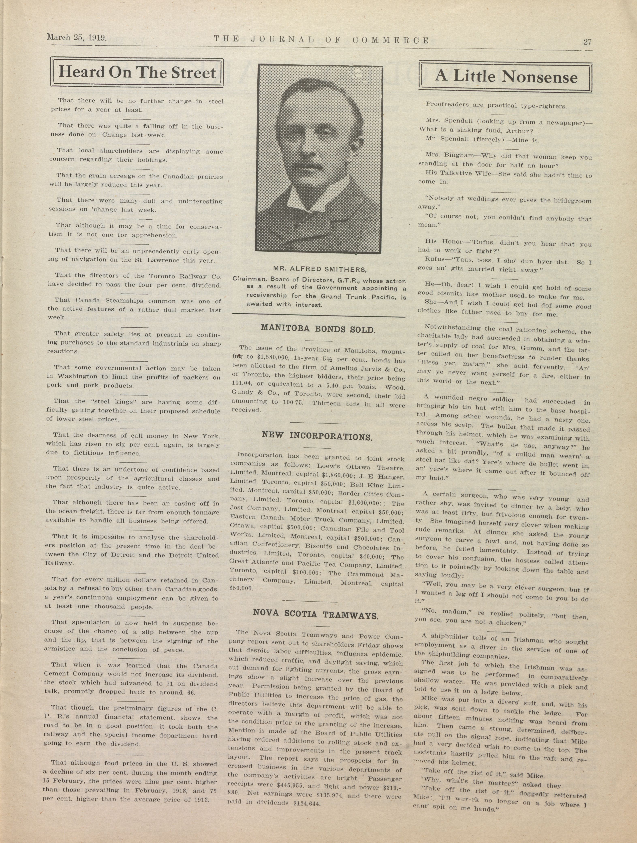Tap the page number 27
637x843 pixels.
click(x=587, y=42)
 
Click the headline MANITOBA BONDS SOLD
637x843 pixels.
click(x=318, y=329)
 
